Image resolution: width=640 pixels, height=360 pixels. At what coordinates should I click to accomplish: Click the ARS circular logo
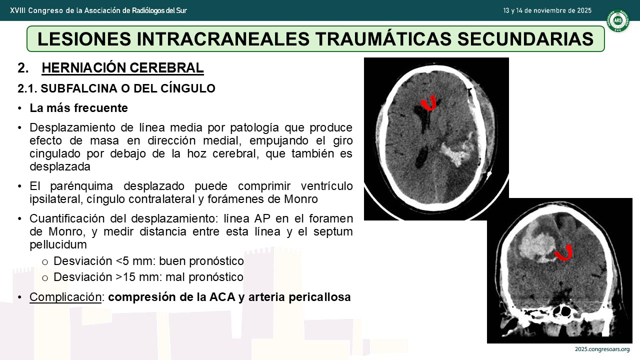[618, 20]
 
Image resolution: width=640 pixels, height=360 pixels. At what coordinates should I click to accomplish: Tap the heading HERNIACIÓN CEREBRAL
[122, 68]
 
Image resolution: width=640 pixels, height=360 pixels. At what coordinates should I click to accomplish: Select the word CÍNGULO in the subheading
[188, 88]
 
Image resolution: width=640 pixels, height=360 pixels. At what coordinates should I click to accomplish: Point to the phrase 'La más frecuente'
[79, 108]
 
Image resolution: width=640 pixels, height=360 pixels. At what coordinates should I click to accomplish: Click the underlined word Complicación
[65, 297]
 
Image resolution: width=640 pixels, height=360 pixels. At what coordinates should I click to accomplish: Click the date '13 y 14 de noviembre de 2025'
[547, 10]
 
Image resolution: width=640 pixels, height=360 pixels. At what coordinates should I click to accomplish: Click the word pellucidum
[58, 244]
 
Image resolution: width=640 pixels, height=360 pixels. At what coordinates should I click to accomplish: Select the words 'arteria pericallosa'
[299, 297]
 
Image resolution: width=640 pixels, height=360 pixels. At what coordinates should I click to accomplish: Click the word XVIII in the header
[17, 10]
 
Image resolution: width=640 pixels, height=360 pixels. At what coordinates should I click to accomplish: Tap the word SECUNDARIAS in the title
[525, 39]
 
